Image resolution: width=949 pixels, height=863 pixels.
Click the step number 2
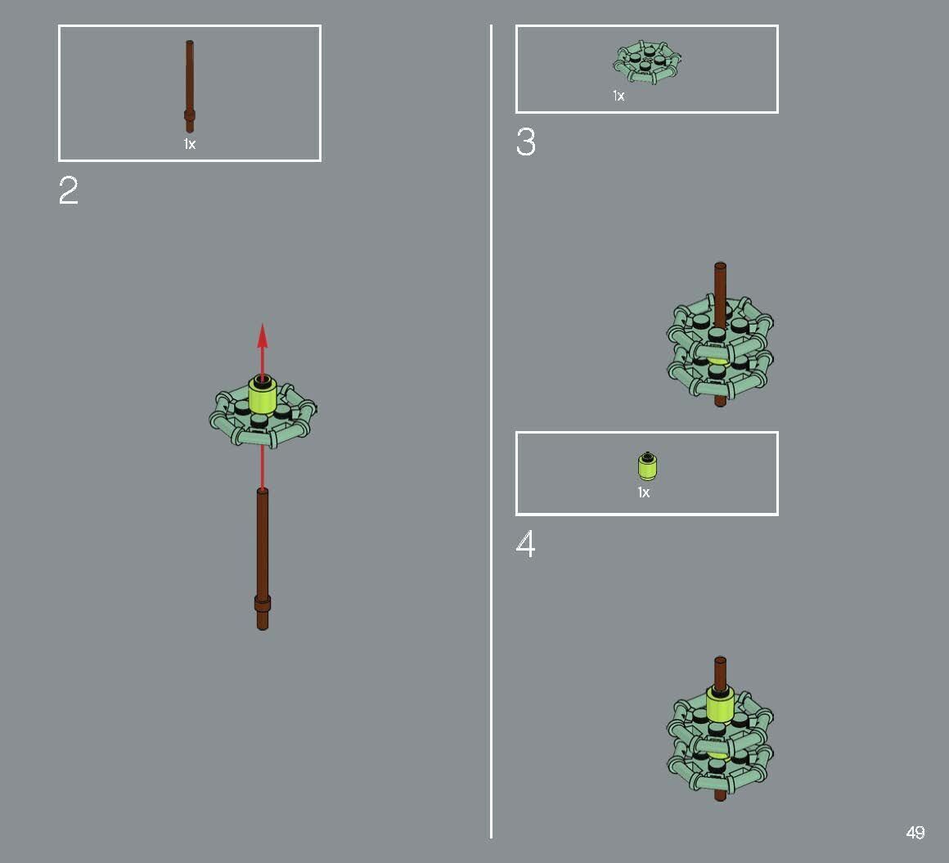[69, 191]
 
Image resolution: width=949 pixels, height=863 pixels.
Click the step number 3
[525, 142]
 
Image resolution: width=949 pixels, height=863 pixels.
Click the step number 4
[525, 545]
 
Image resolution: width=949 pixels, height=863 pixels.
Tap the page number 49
[915, 833]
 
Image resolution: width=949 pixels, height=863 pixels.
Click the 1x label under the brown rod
[189, 144]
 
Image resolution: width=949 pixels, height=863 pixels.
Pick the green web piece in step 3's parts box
[647, 63]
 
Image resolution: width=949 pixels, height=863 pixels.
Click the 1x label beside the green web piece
[618, 96]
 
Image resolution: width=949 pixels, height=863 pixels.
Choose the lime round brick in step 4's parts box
[647, 466]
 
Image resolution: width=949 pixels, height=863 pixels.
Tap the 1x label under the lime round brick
[644, 492]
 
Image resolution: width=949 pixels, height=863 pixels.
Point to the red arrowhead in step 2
[262, 335]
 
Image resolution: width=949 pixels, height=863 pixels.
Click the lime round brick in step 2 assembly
[263, 395]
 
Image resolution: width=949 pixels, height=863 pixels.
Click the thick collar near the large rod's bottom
[262, 604]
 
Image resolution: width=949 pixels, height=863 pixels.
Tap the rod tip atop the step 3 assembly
[720, 268]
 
